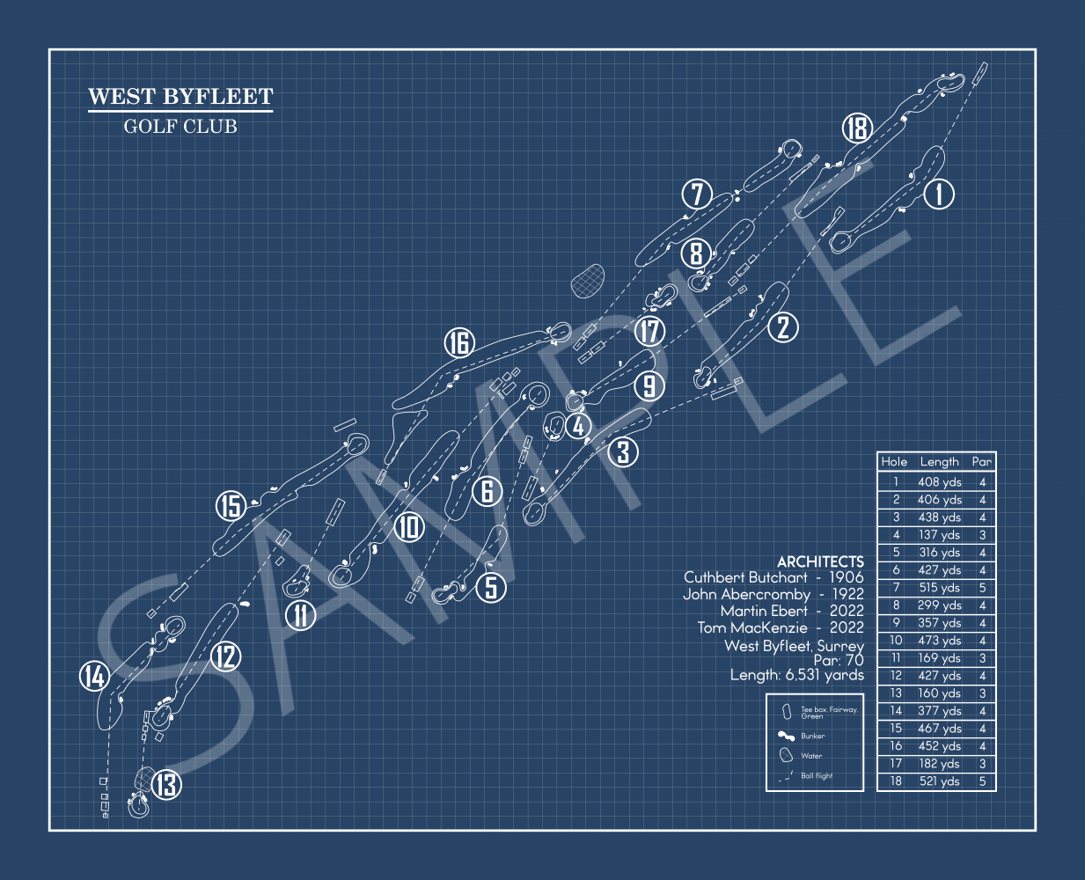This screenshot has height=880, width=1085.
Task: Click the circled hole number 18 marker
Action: click(x=857, y=128)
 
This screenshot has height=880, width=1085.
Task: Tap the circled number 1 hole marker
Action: click(x=939, y=194)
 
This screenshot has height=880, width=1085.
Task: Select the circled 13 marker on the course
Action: click(x=166, y=785)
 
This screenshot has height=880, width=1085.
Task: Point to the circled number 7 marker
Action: click(x=697, y=194)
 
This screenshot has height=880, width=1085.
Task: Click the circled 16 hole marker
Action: click(x=459, y=342)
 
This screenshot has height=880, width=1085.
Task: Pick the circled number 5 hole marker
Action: click(x=491, y=587)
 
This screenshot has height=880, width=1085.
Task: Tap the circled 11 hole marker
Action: click(x=301, y=615)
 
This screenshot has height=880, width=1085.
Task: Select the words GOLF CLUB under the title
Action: click(x=180, y=127)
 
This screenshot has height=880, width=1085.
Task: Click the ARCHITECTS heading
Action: click(x=820, y=561)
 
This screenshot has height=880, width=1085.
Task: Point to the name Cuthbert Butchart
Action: click(x=745, y=577)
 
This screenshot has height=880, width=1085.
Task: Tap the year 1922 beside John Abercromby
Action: click(x=847, y=594)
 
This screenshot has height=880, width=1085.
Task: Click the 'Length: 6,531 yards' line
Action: click(x=796, y=675)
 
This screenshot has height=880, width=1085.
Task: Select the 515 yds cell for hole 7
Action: click(x=939, y=588)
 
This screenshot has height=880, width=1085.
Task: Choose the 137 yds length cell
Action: click(x=939, y=535)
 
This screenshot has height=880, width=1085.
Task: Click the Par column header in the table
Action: click(x=981, y=462)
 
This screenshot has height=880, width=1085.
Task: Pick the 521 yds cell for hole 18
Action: click(x=939, y=781)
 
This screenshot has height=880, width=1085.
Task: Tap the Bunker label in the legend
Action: click(x=812, y=736)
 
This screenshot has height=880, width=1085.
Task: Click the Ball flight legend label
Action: click(x=817, y=775)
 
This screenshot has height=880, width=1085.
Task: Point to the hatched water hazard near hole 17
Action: click(x=587, y=281)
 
